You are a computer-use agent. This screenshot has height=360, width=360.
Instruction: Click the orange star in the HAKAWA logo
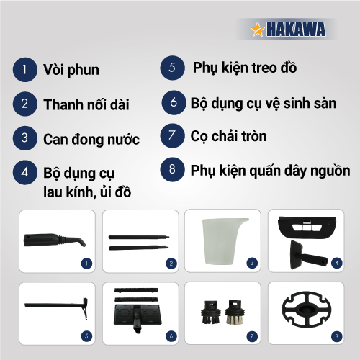tap(258, 30)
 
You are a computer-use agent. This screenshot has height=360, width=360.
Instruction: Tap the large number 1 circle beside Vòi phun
tap(25, 70)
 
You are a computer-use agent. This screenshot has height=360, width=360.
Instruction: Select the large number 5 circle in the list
tap(173, 68)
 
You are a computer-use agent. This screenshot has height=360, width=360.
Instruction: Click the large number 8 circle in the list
tap(173, 169)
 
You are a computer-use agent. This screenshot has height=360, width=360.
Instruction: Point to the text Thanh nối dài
tap(86, 104)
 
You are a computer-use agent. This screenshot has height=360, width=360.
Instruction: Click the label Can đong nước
tap(91, 139)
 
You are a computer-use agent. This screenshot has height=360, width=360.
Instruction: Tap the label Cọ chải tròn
tap(228, 136)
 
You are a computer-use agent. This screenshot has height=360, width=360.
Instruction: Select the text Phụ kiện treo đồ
tap(245, 68)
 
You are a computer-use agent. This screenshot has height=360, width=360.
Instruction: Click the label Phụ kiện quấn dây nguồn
tap(270, 171)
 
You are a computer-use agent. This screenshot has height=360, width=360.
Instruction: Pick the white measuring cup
tap(222, 241)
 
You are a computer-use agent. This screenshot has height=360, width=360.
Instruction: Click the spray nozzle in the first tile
tap(55, 240)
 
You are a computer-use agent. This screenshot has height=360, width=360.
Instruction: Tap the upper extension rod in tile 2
tap(139, 237)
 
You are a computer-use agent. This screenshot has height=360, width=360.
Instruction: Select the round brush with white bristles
tap(235, 312)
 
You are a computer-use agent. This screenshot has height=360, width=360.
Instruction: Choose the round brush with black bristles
tap(211, 312)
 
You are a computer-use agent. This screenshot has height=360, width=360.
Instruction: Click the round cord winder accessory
tap(307, 309)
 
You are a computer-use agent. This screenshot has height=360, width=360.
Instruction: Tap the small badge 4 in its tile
tap(337, 263)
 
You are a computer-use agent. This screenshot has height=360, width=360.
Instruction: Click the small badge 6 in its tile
tap(171, 336)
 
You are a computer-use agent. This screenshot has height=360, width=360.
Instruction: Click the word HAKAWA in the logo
tap(296, 30)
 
